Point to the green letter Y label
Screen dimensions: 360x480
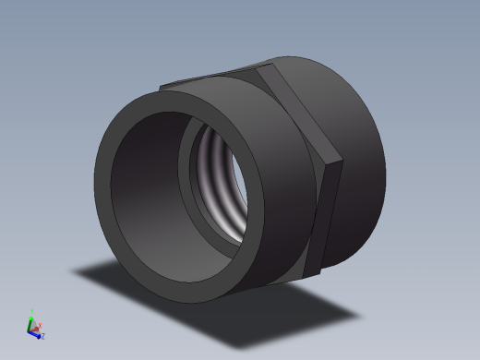[x=31, y=311]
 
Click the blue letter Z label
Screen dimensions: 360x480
[x=42, y=336]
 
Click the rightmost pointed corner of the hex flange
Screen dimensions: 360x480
[x=342, y=166]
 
